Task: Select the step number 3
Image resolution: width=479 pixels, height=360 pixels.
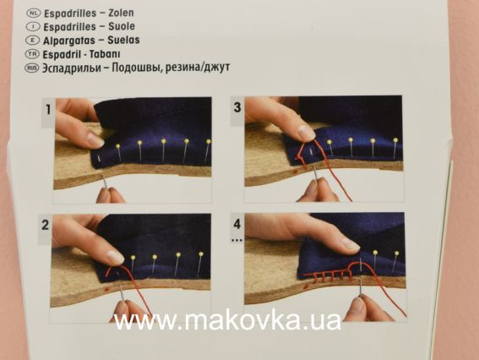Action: click(x=237, y=108)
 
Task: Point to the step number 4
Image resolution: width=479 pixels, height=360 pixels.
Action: click(x=237, y=224)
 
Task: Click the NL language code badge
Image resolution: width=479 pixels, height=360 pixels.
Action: click(x=34, y=14)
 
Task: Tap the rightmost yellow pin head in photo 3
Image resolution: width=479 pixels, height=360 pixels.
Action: click(x=395, y=141)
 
